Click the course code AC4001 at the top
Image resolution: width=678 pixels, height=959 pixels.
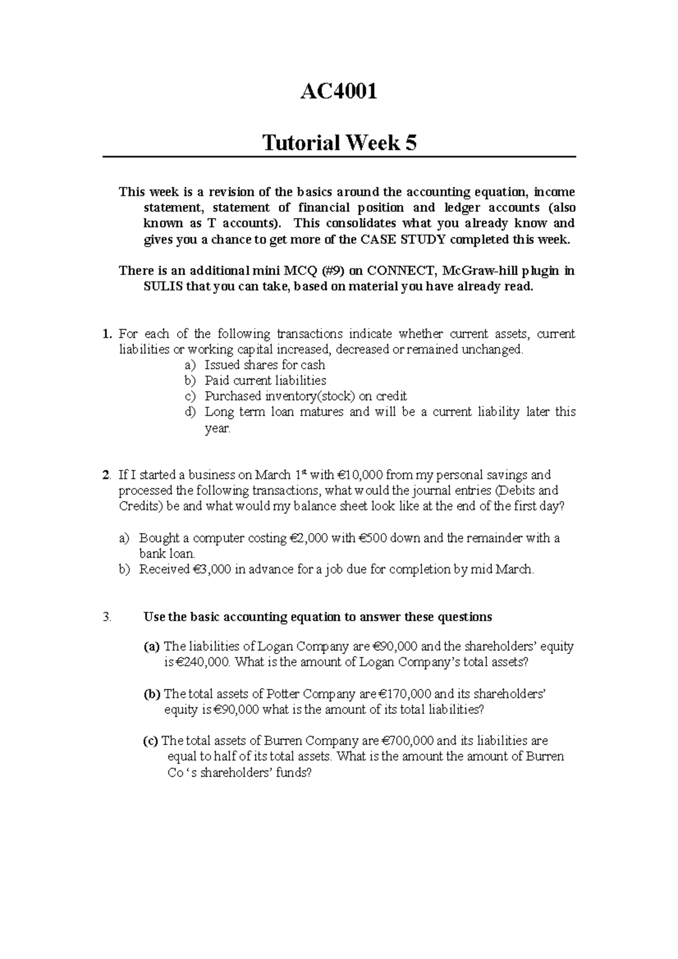(338, 90)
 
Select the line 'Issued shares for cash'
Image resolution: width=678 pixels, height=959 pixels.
(264, 365)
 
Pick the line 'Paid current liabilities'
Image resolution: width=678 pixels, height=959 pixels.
(265, 381)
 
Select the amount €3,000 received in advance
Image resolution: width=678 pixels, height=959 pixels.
(211, 569)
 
